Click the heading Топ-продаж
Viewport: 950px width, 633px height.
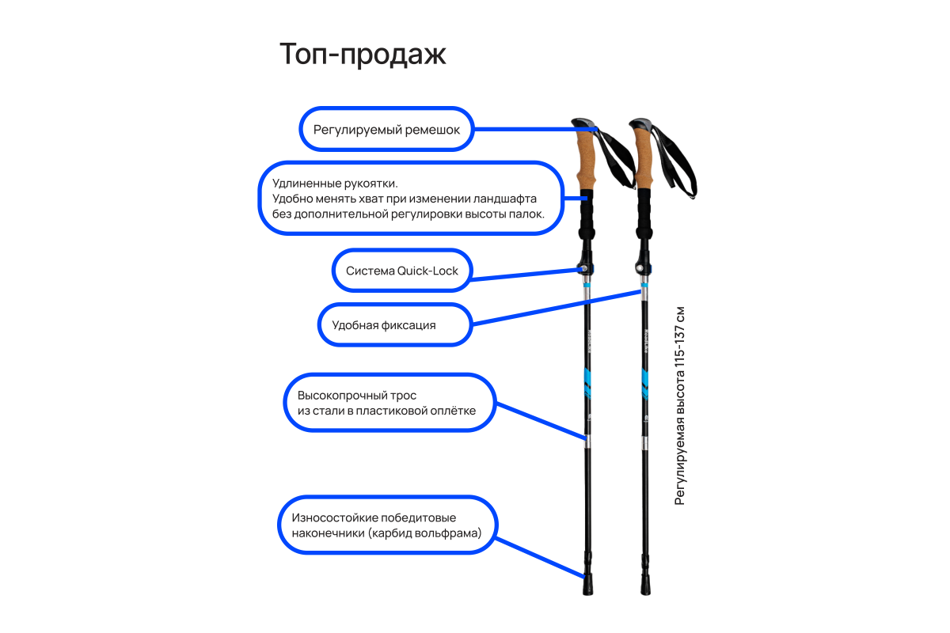click(x=363, y=55)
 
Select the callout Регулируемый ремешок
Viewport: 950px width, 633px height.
click(x=386, y=129)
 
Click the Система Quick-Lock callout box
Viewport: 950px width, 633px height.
click(x=402, y=271)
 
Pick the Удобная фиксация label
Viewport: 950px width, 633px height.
click(x=384, y=325)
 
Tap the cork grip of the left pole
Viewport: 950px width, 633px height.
click(x=586, y=158)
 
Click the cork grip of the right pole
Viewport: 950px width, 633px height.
click(x=644, y=158)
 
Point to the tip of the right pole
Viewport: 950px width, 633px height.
click(x=645, y=587)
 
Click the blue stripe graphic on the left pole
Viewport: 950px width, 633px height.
click(x=587, y=381)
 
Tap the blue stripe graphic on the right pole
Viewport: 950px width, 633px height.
click(x=644, y=383)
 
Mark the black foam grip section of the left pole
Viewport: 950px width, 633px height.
click(x=587, y=214)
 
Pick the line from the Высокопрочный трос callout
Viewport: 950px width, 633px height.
click(x=538, y=419)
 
